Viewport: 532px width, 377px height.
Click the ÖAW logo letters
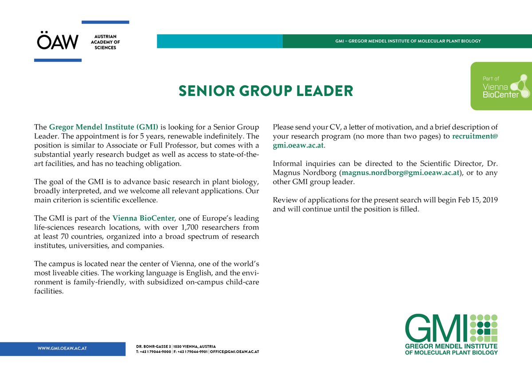coord(58,42)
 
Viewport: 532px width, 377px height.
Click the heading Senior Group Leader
coord(266,91)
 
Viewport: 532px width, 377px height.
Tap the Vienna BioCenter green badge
coord(501,86)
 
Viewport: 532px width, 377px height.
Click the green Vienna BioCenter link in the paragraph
coord(144,218)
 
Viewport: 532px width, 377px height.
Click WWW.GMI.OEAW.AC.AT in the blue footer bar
coord(62,349)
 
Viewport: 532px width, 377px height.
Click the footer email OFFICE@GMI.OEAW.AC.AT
coord(235,352)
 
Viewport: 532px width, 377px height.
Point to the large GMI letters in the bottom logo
coord(436,328)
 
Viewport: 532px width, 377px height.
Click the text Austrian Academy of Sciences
coord(105,42)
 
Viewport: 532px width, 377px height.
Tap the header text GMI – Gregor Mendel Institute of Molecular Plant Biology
coord(408,41)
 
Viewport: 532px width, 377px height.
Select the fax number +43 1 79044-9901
coord(192,352)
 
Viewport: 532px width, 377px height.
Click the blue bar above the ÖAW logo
coord(105,22)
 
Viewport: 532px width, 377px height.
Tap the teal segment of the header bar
coord(219,41)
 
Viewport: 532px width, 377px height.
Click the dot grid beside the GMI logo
coord(484,327)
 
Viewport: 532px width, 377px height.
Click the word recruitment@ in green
coord(475,136)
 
